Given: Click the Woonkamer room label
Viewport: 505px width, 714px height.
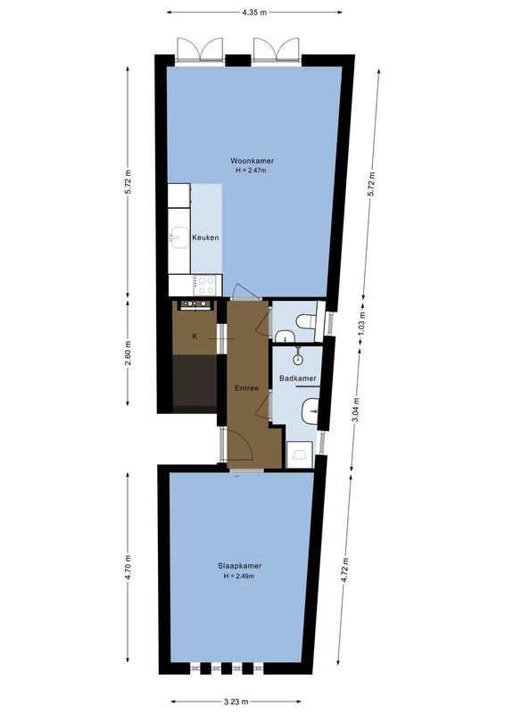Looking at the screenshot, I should [x=252, y=161].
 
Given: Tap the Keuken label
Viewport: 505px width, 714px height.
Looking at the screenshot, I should [x=205, y=237].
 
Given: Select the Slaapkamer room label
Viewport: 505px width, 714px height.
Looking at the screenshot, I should [x=240, y=566].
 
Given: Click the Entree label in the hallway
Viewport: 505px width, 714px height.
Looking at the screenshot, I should [x=246, y=388].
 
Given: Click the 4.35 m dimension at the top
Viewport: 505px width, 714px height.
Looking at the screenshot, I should [x=254, y=12].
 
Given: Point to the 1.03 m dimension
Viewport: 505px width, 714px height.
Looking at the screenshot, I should [x=362, y=321].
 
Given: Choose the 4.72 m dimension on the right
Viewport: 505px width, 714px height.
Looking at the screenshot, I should [x=344, y=569].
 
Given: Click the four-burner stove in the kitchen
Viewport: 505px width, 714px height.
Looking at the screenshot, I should [x=206, y=285].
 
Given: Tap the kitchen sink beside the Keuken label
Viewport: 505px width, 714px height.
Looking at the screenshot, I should [x=178, y=237].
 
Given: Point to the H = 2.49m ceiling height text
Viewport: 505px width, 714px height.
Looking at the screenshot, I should [x=240, y=577].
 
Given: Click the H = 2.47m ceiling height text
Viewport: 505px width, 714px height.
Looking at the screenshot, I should [x=252, y=170].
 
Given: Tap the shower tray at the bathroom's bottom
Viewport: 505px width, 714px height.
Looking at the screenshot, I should [x=299, y=454].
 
